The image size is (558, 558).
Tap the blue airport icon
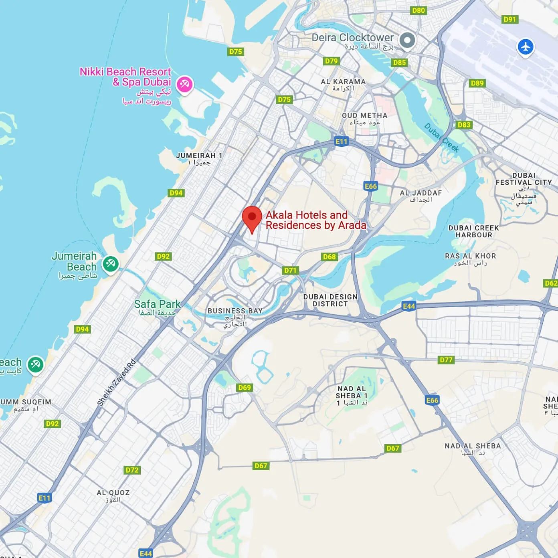click(x=525, y=46)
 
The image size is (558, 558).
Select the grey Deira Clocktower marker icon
click(x=407, y=40)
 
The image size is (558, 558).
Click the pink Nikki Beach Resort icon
click(x=184, y=84)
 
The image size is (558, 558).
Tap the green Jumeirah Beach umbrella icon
click(x=110, y=264)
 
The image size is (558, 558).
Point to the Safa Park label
click(x=157, y=304)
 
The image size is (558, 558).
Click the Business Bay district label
click(x=235, y=311)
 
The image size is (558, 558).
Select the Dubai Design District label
click(x=330, y=300)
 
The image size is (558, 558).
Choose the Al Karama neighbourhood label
click(x=343, y=82)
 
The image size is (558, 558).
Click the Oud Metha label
click(x=365, y=116)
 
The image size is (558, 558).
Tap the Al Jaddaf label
click(x=421, y=193)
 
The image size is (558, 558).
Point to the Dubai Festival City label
click(x=524, y=179)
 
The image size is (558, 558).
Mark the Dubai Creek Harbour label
click(x=473, y=231)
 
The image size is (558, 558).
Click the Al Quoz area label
click(x=113, y=493)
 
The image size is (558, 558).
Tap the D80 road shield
click(x=418, y=11)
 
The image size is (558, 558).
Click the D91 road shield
click(x=509, y=19)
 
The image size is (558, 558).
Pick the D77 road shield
click(x=446, y=360)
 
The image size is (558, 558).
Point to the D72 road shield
click(x=132, y=470)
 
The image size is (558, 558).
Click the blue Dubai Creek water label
click(x=442, y=137)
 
